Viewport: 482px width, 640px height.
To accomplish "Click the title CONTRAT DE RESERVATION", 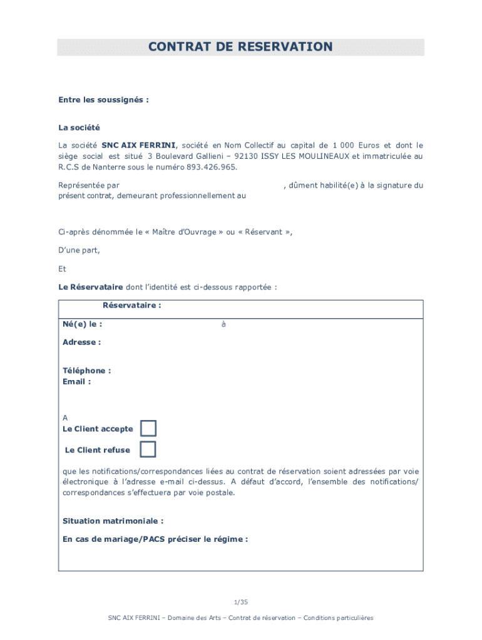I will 240,47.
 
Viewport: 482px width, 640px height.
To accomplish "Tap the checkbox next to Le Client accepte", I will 148,428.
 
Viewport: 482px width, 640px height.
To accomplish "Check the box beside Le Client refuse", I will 148,449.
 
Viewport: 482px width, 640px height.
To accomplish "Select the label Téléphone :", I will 86,371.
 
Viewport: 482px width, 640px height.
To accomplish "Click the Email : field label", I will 76,381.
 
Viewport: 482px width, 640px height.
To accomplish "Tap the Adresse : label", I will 81,342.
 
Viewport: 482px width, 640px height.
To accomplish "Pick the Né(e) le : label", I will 82,324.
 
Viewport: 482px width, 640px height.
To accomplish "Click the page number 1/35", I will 241,602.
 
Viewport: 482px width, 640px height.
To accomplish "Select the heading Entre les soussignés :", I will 103,99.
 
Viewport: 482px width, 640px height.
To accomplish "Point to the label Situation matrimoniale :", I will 113,521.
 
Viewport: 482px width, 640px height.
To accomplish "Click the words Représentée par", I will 89,185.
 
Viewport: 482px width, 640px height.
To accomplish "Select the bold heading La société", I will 79,127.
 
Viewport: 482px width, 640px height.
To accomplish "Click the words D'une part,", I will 79,250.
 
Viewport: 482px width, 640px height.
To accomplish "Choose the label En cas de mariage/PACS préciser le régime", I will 155,539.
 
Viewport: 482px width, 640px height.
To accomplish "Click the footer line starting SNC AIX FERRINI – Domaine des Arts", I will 240,617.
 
